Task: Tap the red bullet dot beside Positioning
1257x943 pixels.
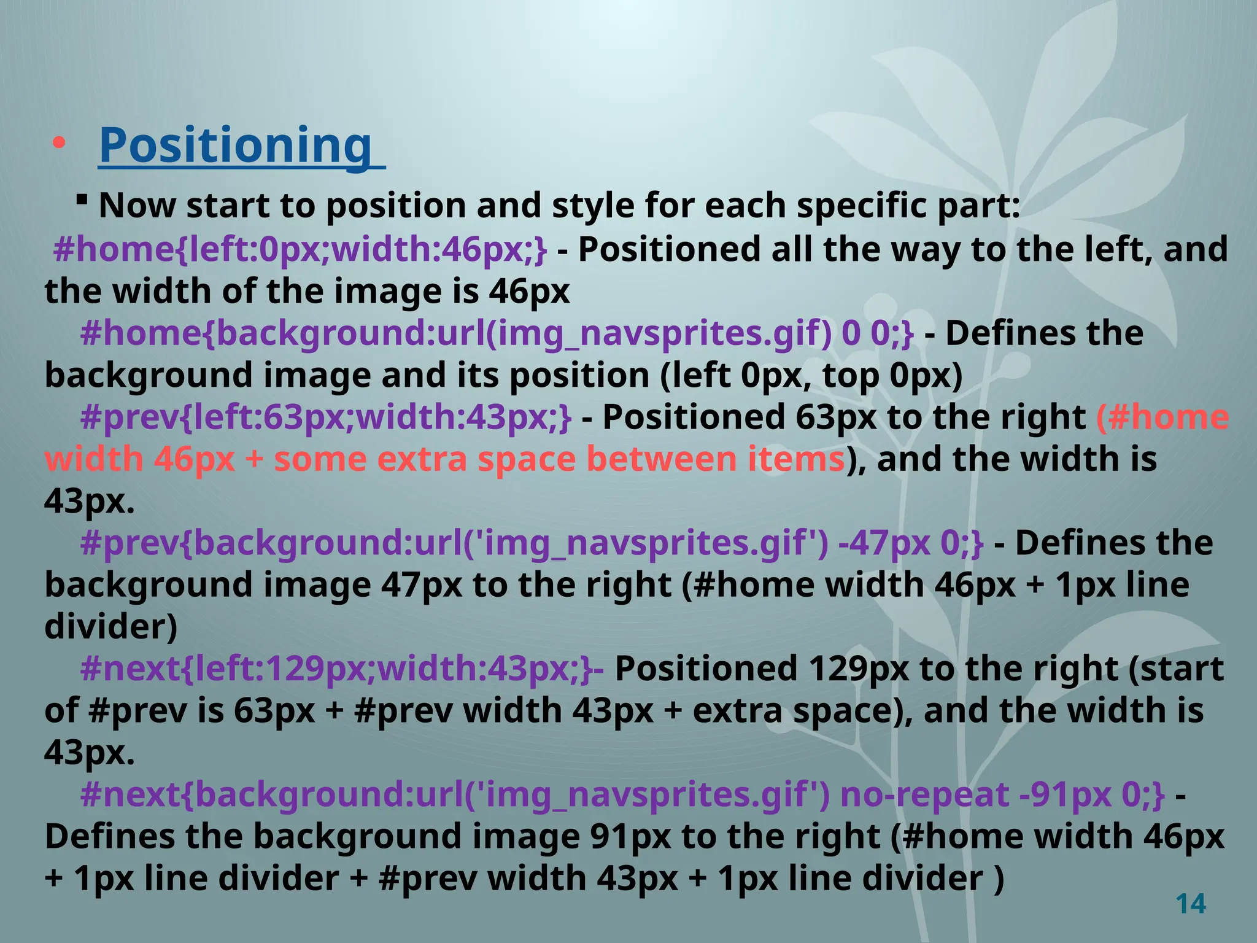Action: pyautogui.click(x=59, y=144)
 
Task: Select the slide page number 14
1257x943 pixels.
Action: pyautogui.click(x=1191, y=904)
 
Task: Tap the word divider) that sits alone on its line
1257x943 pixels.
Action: pyautogui.click(x=111, y=627)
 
